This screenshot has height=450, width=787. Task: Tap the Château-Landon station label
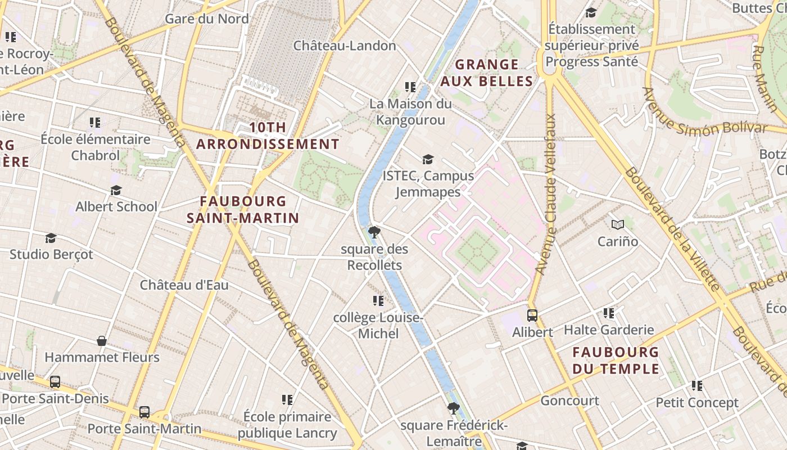(x=345, y=46)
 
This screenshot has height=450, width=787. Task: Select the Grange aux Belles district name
(x=486, y=73)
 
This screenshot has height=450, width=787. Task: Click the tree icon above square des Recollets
(x=374, y=232)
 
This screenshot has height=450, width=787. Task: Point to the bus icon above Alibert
(x=532, y=316)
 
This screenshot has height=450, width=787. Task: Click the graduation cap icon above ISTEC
(x=428, y=160)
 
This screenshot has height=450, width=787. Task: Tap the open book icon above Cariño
(x=618, y=225)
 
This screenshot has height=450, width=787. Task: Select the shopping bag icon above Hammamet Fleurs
(x=102, y=341)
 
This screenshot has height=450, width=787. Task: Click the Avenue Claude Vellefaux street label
(x=546, y=195)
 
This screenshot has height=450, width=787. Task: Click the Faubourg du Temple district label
(x=615, y=361)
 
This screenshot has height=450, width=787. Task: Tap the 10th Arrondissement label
(x=268, y=136)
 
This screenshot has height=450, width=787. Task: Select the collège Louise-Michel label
(x=378, y=326)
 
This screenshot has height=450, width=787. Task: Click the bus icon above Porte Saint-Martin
(x=144, y=412)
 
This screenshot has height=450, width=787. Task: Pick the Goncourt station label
(x=569, y=400)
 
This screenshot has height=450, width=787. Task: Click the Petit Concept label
(x=697, y=403)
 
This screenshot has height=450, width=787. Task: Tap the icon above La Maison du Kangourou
(x=410, y=87)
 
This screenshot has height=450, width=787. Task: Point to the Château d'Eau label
(x=184, y=285)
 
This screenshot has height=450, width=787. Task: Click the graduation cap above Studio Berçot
(x=51, y=238)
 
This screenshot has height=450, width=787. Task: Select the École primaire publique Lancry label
(x=287, y=425)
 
